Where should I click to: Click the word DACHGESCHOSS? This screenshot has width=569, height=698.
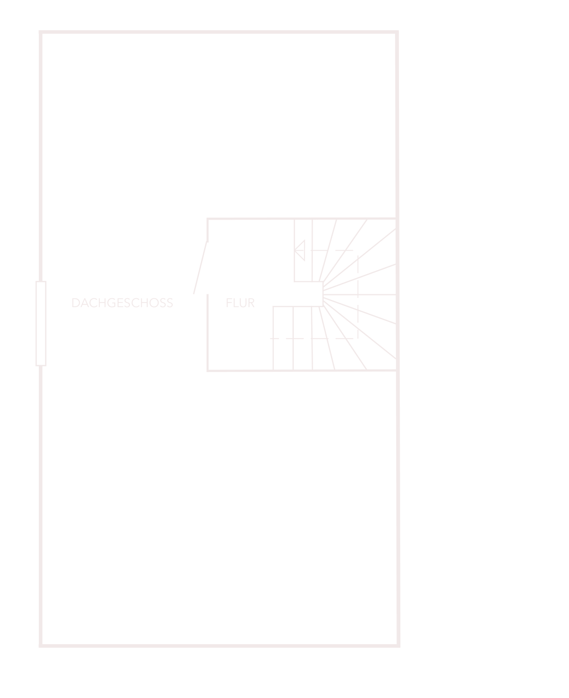click(x=123, y=303)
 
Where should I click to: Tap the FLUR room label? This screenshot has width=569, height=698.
click(x=241, y=303)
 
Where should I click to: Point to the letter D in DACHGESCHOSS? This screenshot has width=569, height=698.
click(x=76, y=303)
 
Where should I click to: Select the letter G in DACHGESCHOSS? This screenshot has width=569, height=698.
click(x=111, y=303)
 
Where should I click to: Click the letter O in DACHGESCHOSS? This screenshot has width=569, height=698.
click(x=154, y=303)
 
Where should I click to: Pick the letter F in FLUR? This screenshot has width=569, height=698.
click(x=229, y=303)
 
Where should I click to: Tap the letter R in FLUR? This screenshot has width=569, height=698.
click(x=251, y=303)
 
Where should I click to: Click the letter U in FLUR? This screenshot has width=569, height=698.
click(x=243, y=303)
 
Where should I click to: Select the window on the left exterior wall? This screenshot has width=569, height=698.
click(x=41, y=323)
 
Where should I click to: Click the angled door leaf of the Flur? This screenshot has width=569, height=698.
click(x=200, y=268)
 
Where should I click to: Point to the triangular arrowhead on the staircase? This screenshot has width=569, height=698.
click(x=299, y=251)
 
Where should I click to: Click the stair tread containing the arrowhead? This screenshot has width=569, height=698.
click(x=303, y=251)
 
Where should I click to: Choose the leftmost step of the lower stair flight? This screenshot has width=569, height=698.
click(x=283, y=338)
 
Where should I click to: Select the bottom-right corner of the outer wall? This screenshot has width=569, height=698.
click(x=398, y=646)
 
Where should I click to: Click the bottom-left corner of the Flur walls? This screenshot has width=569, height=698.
click(x=207, y=371)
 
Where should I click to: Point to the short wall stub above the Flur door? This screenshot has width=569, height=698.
click(x=207, y=230)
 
